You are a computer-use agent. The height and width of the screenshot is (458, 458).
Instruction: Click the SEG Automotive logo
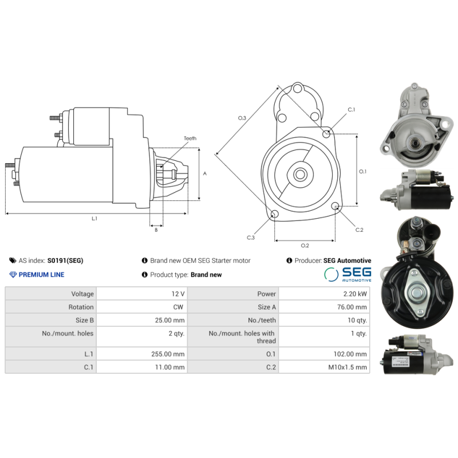348,274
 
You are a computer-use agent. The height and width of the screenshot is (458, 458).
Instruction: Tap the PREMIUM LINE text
41,275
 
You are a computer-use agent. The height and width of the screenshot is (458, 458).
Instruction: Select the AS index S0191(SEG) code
65,260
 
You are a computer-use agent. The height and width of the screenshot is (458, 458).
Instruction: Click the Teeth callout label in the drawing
190,139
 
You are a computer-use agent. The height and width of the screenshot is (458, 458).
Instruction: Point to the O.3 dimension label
242,118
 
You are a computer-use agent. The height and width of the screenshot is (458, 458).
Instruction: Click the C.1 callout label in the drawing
352,109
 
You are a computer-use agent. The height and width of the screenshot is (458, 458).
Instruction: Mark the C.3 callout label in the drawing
251,237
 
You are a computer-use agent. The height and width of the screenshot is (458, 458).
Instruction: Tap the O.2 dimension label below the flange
305,246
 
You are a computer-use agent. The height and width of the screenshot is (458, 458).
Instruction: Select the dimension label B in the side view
156,230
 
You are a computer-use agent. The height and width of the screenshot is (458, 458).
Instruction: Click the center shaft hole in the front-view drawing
299,174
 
